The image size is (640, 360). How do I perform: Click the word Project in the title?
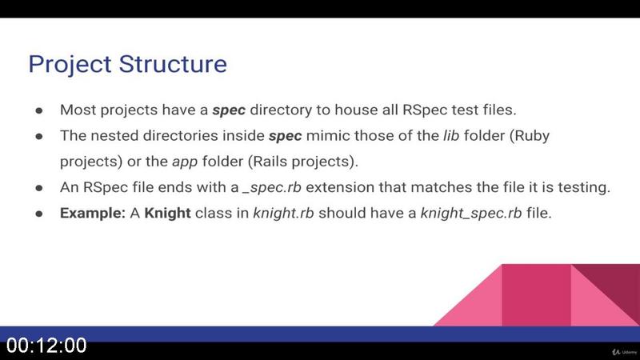[x=70, y=65]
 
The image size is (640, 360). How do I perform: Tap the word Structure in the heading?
[x=173, y=64]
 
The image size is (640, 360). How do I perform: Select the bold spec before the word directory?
[x=229, y=110]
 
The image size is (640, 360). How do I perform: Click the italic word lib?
[x=451, y=135]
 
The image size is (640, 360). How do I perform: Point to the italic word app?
[x=185, y=162]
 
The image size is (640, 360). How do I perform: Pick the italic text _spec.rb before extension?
[x=272, y=188]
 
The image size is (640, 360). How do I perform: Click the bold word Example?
[x=93, y=213]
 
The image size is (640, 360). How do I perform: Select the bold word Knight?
[x=167, y=213]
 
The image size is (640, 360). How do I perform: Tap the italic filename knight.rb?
[x=283, y=213]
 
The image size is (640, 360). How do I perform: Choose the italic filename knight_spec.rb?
[x=471, y=214]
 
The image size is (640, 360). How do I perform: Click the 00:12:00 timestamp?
[x=46, y=346]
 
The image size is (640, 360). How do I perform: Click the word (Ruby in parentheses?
[x=530, y=136]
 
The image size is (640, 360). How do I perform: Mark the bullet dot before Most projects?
[x=39, y=110]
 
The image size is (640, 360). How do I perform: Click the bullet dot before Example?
[x=39, y=214]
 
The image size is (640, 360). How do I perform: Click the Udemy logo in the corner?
[x=624, y=352]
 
